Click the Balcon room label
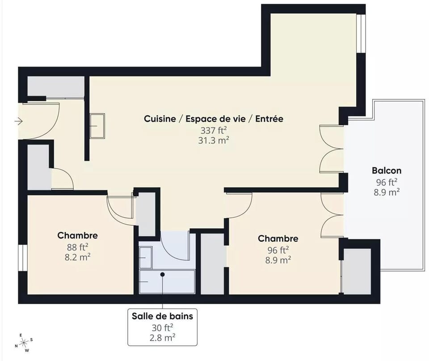[386, 170]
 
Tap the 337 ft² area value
[213, 130]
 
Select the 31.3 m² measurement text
[213, 140]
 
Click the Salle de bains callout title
[162, 316]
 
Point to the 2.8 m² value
[162, 337]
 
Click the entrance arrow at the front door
[18, 121]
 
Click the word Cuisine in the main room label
[160, 119]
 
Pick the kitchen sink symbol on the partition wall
[97, 126]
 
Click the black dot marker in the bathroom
[163, 274]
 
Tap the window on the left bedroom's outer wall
[21, 258]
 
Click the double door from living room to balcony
[331, 149]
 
